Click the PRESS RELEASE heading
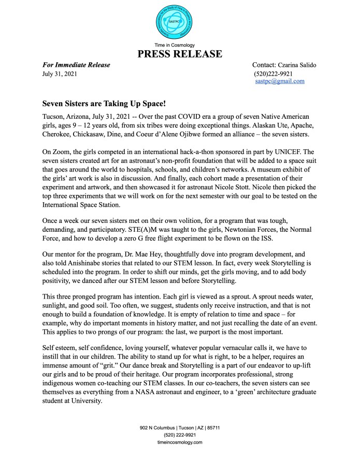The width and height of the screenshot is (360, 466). tap(180, 54)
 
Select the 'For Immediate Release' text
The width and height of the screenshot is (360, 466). tap(76, 65)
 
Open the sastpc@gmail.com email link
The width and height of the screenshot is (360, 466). tap(280, 81)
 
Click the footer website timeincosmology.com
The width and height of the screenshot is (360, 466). tap(180, 442)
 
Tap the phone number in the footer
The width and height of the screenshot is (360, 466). tap(180, 435)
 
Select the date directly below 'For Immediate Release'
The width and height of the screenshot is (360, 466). tap(59, 74)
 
